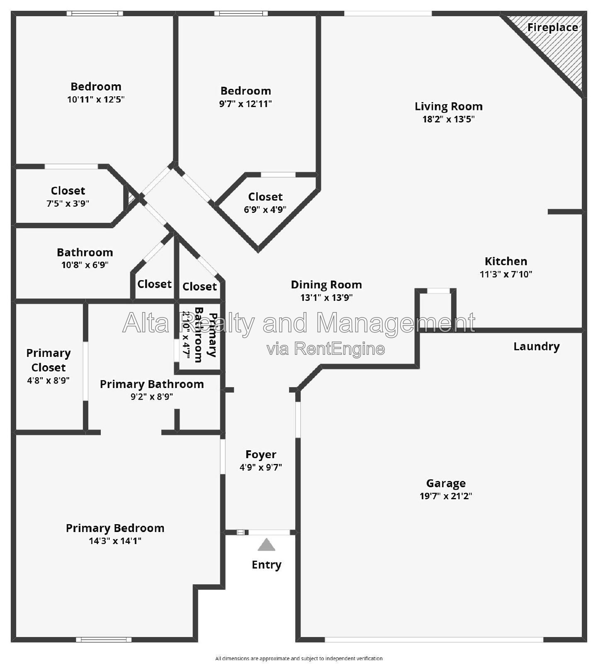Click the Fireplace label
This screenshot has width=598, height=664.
[552, 27]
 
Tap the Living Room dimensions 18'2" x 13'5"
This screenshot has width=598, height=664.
[448, 119]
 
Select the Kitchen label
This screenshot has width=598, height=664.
[506, 261]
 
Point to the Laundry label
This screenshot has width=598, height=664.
[536, 346]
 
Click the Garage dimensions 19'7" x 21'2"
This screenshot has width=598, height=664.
[446, 496]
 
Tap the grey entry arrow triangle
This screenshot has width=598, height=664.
[266, 544]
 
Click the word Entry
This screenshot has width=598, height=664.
[266, 565]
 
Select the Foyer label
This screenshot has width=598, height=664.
[261, 455]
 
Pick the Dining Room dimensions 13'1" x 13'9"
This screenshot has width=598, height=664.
[326, 298]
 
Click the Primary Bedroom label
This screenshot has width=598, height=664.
[115, 528]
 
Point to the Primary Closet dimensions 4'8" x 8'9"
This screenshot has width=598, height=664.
[48, 380]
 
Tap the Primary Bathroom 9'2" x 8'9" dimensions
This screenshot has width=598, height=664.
[152, 396]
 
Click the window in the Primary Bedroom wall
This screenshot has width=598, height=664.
[104, 640]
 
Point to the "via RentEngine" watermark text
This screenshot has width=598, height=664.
[326, 349]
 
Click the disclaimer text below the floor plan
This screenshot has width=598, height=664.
[299, 658]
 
